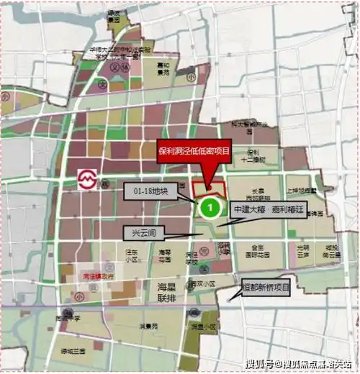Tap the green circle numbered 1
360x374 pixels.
point(209,208)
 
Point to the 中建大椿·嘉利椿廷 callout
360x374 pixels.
point(269,209)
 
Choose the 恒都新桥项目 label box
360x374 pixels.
point(266,288)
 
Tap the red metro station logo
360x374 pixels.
point(87,178)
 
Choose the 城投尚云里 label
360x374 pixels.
point(332,251)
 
